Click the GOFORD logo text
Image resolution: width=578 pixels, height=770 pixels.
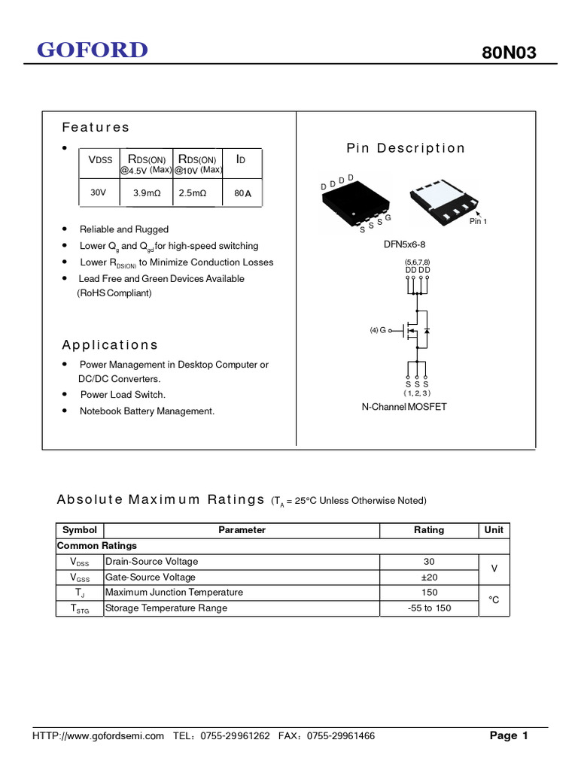(x=93, y=50)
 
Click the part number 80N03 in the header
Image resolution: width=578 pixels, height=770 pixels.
(x=509, y=53)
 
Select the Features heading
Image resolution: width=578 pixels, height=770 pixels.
(x=96, y=127)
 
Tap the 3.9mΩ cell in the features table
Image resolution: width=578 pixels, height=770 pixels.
(x=147, y=193)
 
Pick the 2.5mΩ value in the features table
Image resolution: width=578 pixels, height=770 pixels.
(x=193, y=193)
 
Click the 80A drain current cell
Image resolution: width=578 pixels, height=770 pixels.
(x=242, y=193)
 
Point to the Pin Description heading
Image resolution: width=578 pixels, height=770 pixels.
(x=406, y=148)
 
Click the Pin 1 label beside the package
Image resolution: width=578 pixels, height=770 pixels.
(x=479, y=221)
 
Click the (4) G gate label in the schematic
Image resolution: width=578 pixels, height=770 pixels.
(x=378, y=330)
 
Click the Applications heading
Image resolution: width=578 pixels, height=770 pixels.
(x=110, y=344)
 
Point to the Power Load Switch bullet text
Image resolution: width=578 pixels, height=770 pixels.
(x=123, y=395)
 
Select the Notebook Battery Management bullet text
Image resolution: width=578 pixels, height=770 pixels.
(x=147, y=411)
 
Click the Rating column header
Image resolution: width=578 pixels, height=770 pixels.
(x=429, y=530)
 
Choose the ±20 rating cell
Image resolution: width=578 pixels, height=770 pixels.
(x=429, y=577)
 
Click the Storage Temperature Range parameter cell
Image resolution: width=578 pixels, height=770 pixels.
(x=166, y=608)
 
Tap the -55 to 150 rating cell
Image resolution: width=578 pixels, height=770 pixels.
(x=429, y=608)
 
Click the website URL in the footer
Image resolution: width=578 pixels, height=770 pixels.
(x=98, y=736)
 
